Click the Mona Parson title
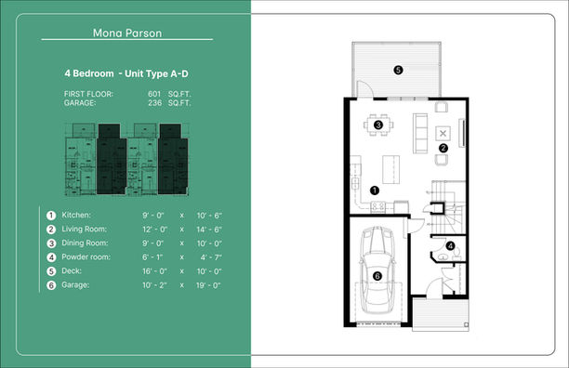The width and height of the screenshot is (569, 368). (x=127, y=33)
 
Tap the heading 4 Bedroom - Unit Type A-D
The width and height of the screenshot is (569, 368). (x=126, y=73)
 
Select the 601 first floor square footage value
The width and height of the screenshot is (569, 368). (x=154, y=94)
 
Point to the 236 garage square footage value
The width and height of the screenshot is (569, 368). (x=154, y=102)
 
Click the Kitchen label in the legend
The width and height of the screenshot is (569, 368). (x=76, y=215)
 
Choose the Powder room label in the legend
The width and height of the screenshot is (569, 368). (x=86, y=257)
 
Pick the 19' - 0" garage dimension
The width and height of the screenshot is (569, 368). (x=208, y=285)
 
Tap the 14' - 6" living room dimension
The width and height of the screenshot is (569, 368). (x=209, y=230)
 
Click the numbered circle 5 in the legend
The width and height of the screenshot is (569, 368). (x=51, y=271)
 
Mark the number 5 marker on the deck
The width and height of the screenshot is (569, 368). (x=398, y=70)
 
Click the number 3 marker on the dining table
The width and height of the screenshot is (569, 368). (x=378, y=125)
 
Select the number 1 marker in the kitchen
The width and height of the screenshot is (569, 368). (x=375, y=190)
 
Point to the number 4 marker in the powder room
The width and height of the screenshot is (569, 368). (x=450, y=246)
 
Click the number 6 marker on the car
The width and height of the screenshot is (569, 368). (x=377, y=276)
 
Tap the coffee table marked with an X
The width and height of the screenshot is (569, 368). (x=443, y=134)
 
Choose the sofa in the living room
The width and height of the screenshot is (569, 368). (x=420, y=133)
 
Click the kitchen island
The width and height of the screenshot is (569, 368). (x=390, y=170)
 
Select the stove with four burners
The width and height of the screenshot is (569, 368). (x=377, y=207)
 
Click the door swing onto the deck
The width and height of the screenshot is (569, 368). (x=365, y=89)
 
